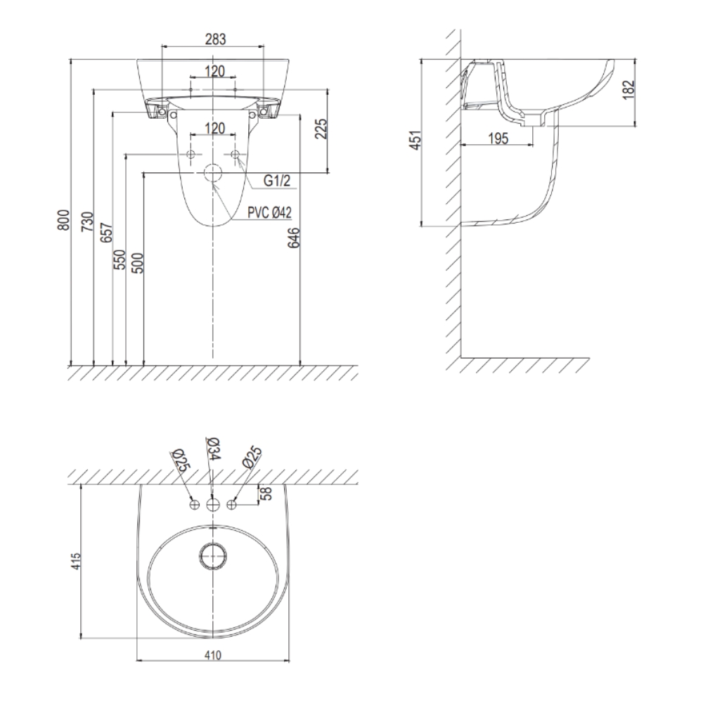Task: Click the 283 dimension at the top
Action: click(215, 39)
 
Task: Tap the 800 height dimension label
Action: click(65, 220)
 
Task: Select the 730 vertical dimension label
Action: click(87, 221)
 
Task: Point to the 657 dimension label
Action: click(106, 232)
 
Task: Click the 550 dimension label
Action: click(120, 260)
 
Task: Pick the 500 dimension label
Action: click(138, 264)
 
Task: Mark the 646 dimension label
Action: click(294, 238)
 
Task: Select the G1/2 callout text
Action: click(276, 181)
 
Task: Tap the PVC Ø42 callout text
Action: click(270, 212)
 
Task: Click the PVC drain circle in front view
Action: click(212, 174)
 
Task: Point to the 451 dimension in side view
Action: click(416, 140)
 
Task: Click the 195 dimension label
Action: click(498, 138)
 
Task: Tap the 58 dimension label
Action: click(266, 494)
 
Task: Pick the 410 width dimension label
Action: click(213, 655)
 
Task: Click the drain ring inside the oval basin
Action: click(213, 556)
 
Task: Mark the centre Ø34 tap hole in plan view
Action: click(212, 504)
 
